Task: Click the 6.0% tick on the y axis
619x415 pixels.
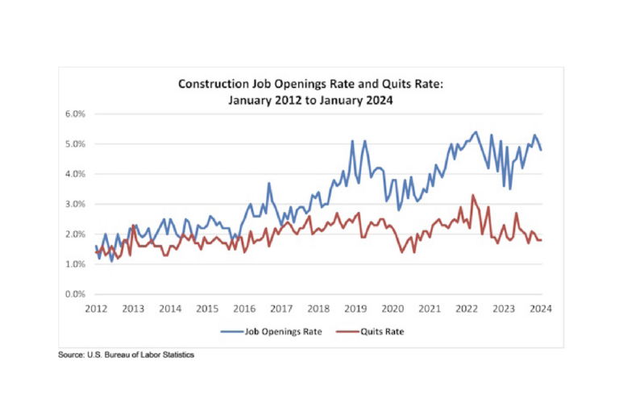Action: pyautogui.click(x=75, y=114)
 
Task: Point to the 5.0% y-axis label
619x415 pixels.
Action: pyautogui.click(x=75, y=144)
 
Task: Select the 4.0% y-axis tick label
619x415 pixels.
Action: pyautogui.click(x=75, y=174)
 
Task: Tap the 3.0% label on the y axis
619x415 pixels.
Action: pyautogui.click(x=75, y=204)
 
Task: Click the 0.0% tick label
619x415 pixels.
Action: pyautogui.click(x=75, y=294)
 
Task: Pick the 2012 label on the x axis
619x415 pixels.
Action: pyautogui.click(x=96, y=309)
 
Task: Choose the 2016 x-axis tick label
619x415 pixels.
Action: pyautogui.click(x=244, y=309)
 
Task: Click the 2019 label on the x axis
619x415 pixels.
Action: pyautogui.click(x=355, y=309)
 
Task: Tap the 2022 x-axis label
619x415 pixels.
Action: pyautogui.click(x=467, y=309)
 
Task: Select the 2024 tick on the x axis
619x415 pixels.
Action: pyautogui.click(x=541, y=309)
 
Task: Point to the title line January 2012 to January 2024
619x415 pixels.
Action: pyautogui.click(x=309, y=99)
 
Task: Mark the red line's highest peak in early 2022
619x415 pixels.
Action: pyautogui.click(x=473, y=195)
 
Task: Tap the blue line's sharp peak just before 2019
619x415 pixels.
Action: pyautogui.click(x=352, y=141)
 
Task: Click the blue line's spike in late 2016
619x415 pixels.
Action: pyautogui.click(x=269, y=183)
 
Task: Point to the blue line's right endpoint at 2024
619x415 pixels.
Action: pyautogui.click(x=541, y=150)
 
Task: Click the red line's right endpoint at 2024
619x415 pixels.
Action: pyautogui.click(x=541, y=240)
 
